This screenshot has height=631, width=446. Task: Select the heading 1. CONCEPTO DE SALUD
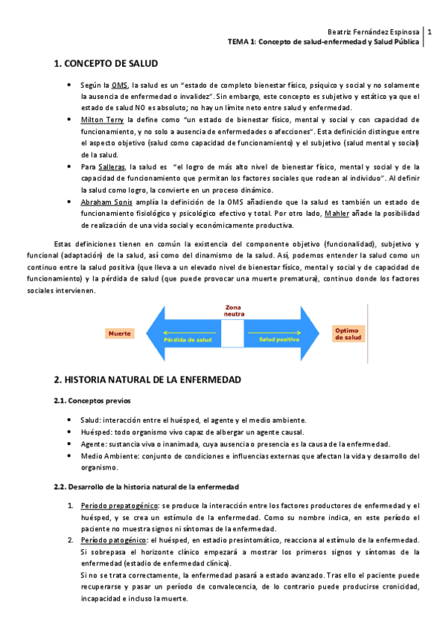click(106, 65)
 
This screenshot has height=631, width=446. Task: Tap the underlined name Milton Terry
click(102, 119)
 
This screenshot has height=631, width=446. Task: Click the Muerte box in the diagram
click(120, 333)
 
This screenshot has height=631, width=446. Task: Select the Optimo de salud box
click(348, 333)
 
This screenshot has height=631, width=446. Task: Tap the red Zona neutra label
click(234, 310)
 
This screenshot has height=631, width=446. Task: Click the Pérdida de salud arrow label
click(187, 339)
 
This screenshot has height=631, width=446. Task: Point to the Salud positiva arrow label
click(279, 339)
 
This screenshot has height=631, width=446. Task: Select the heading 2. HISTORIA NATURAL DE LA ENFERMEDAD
click(147, 380)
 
